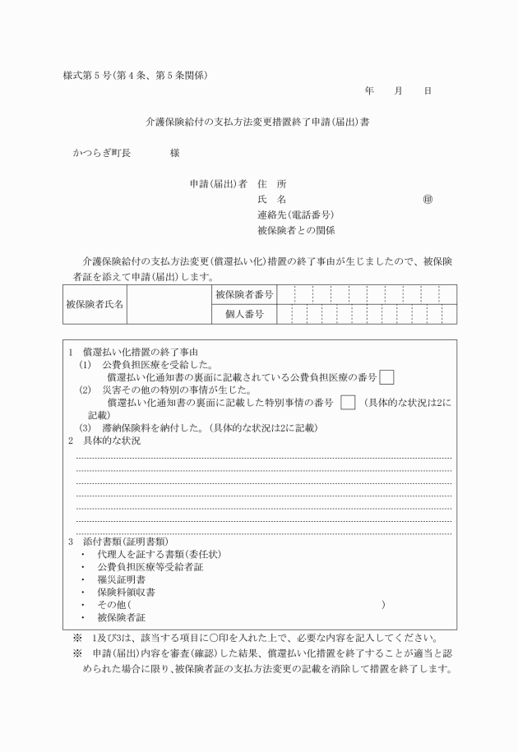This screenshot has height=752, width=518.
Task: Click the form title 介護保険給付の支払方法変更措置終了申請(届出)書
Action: point(257,122)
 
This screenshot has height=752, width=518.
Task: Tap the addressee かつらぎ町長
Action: point(101,153)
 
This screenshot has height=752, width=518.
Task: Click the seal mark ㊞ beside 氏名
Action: point(428,200)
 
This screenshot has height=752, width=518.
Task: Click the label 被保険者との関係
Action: point(295,231)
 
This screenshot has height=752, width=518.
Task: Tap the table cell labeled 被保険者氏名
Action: point(95,304)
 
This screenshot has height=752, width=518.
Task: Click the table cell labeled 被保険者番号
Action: point(244,293)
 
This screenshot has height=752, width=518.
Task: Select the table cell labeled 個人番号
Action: point(244,314)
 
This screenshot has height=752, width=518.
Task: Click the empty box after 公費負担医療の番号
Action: point(386,377)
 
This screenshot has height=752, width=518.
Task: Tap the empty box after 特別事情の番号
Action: point(348,403)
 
